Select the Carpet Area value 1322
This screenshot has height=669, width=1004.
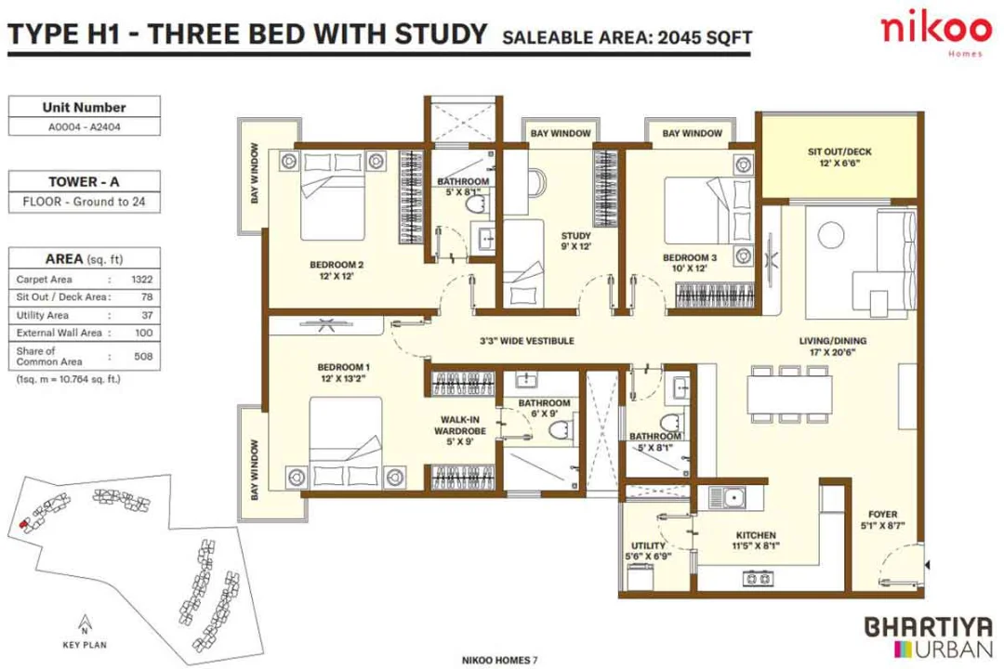tap(142, 279)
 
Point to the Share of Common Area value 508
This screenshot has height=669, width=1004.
tap(142, 356)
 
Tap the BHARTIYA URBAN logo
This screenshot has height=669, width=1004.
tap(924, 634)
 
